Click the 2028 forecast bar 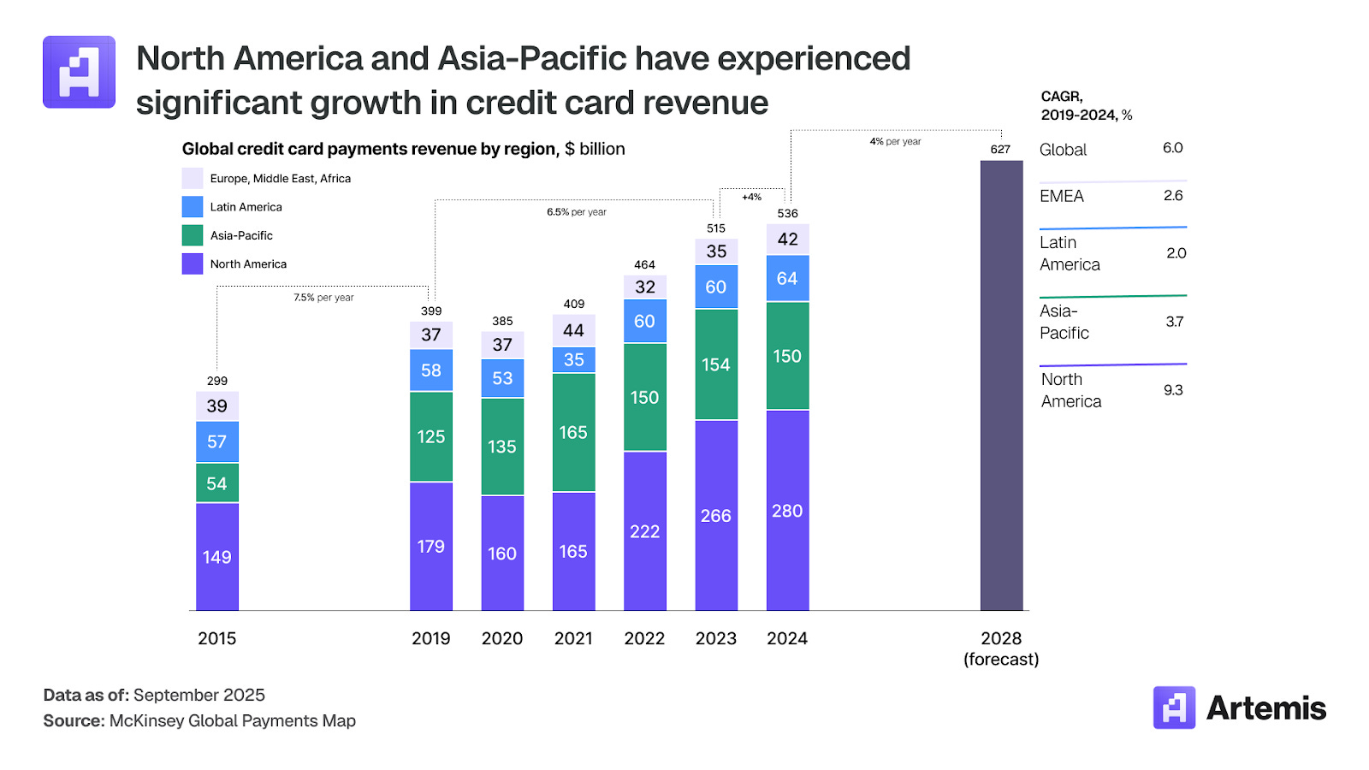click(x=1001, y=385)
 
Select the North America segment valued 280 click(x=787, y=510)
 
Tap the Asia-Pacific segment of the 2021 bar click(x=573, y=432)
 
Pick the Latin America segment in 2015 click(x=216, y=441)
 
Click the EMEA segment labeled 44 click(x=573, y=330)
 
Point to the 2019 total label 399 click(x=431, y=311)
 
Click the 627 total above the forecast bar click(x=1000, y=149)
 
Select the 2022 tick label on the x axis click(x=644, y=638)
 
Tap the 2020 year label click(x=502, y=638)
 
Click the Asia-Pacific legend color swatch click(x=193, y=235)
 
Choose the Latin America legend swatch click(x=193, y=207)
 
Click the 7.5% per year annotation click(x=323, y=298)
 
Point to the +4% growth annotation click(x=751, y=197)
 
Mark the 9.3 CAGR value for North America click(x=1173, y=390)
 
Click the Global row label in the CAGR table click(x=1063, y=150)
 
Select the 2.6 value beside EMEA click(x=1173, y=196)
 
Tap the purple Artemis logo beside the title click(x=79, y=72)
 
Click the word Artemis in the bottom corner click(x=1265, y=708)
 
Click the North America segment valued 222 click(x=644, y=531)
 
